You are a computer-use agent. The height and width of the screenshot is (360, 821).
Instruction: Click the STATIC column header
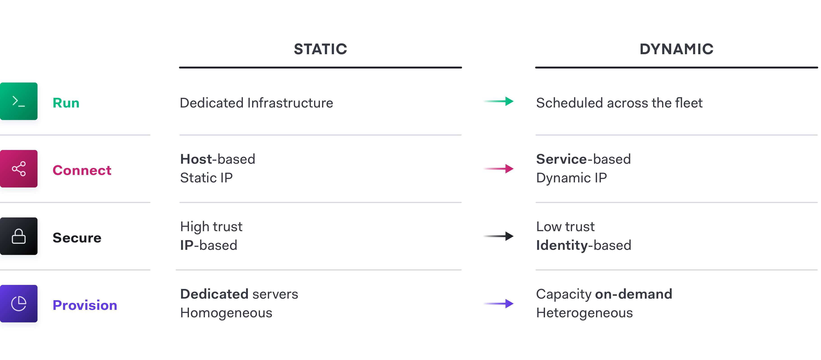320,49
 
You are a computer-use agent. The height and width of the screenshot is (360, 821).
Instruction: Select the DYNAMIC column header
676,49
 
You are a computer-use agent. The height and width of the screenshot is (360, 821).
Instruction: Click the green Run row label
66,103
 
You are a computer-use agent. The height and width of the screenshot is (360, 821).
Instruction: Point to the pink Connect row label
82,170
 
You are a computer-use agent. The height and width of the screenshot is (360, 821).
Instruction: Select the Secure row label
77,238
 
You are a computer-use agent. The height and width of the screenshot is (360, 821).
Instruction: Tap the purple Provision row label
85,305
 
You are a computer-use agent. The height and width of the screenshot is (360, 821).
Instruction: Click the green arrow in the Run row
498,101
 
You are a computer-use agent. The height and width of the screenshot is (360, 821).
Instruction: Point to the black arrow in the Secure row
498,236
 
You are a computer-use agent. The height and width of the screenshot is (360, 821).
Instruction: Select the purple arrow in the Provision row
498,304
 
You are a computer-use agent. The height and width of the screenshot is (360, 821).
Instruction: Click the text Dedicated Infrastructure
257,103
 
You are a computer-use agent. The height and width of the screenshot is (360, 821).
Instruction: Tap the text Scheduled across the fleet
619,103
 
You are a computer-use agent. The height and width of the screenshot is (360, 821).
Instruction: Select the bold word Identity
562,246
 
